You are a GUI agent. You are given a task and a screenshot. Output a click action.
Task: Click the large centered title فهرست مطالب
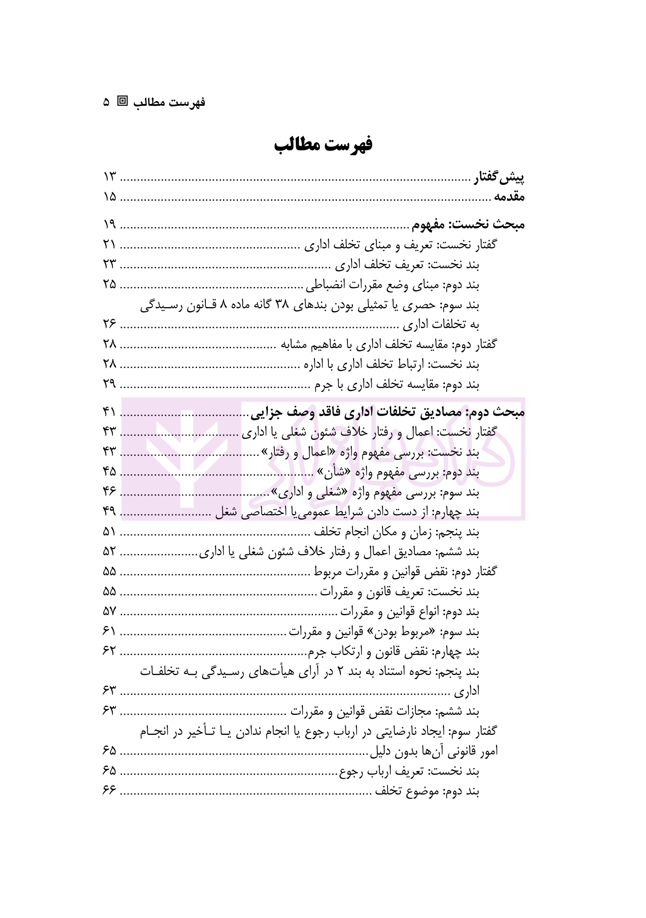coord(323,145)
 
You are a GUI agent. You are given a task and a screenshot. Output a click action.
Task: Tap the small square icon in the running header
coord(122,101)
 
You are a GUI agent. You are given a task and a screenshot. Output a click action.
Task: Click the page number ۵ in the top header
coord(107,102)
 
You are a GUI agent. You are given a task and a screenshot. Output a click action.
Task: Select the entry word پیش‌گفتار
coord(499,178)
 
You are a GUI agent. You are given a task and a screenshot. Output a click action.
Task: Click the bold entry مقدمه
coord(509,197)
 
